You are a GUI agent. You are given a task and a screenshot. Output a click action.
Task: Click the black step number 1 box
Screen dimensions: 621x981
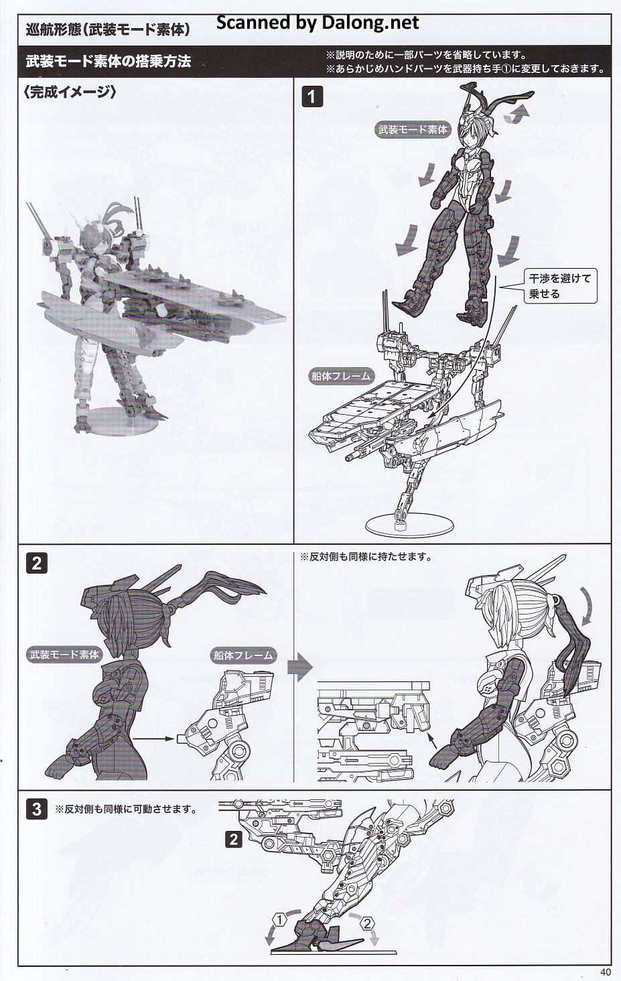[312, 96]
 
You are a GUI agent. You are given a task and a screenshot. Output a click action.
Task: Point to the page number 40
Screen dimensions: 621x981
[606, 972]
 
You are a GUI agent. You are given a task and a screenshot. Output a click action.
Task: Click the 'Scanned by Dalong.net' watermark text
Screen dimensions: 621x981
[318, 23]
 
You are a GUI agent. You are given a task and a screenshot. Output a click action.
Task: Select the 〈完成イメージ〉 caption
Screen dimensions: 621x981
[70, 92]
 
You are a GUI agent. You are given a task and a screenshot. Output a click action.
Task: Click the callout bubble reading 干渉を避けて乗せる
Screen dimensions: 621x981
[560, 286]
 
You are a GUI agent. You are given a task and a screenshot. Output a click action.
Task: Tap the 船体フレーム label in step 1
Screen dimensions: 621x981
[341, 376]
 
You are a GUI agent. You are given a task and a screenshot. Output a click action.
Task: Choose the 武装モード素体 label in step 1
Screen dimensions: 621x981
[413, 129]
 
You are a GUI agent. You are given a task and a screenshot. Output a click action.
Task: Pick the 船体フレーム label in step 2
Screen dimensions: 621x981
[243, 655]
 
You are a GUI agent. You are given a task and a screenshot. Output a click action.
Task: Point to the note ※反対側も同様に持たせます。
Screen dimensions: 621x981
[366, 557]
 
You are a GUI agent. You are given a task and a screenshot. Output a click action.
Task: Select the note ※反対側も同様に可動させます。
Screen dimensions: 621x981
[126, 809]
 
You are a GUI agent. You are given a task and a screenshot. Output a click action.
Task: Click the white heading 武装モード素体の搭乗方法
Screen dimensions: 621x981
[108, 62]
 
